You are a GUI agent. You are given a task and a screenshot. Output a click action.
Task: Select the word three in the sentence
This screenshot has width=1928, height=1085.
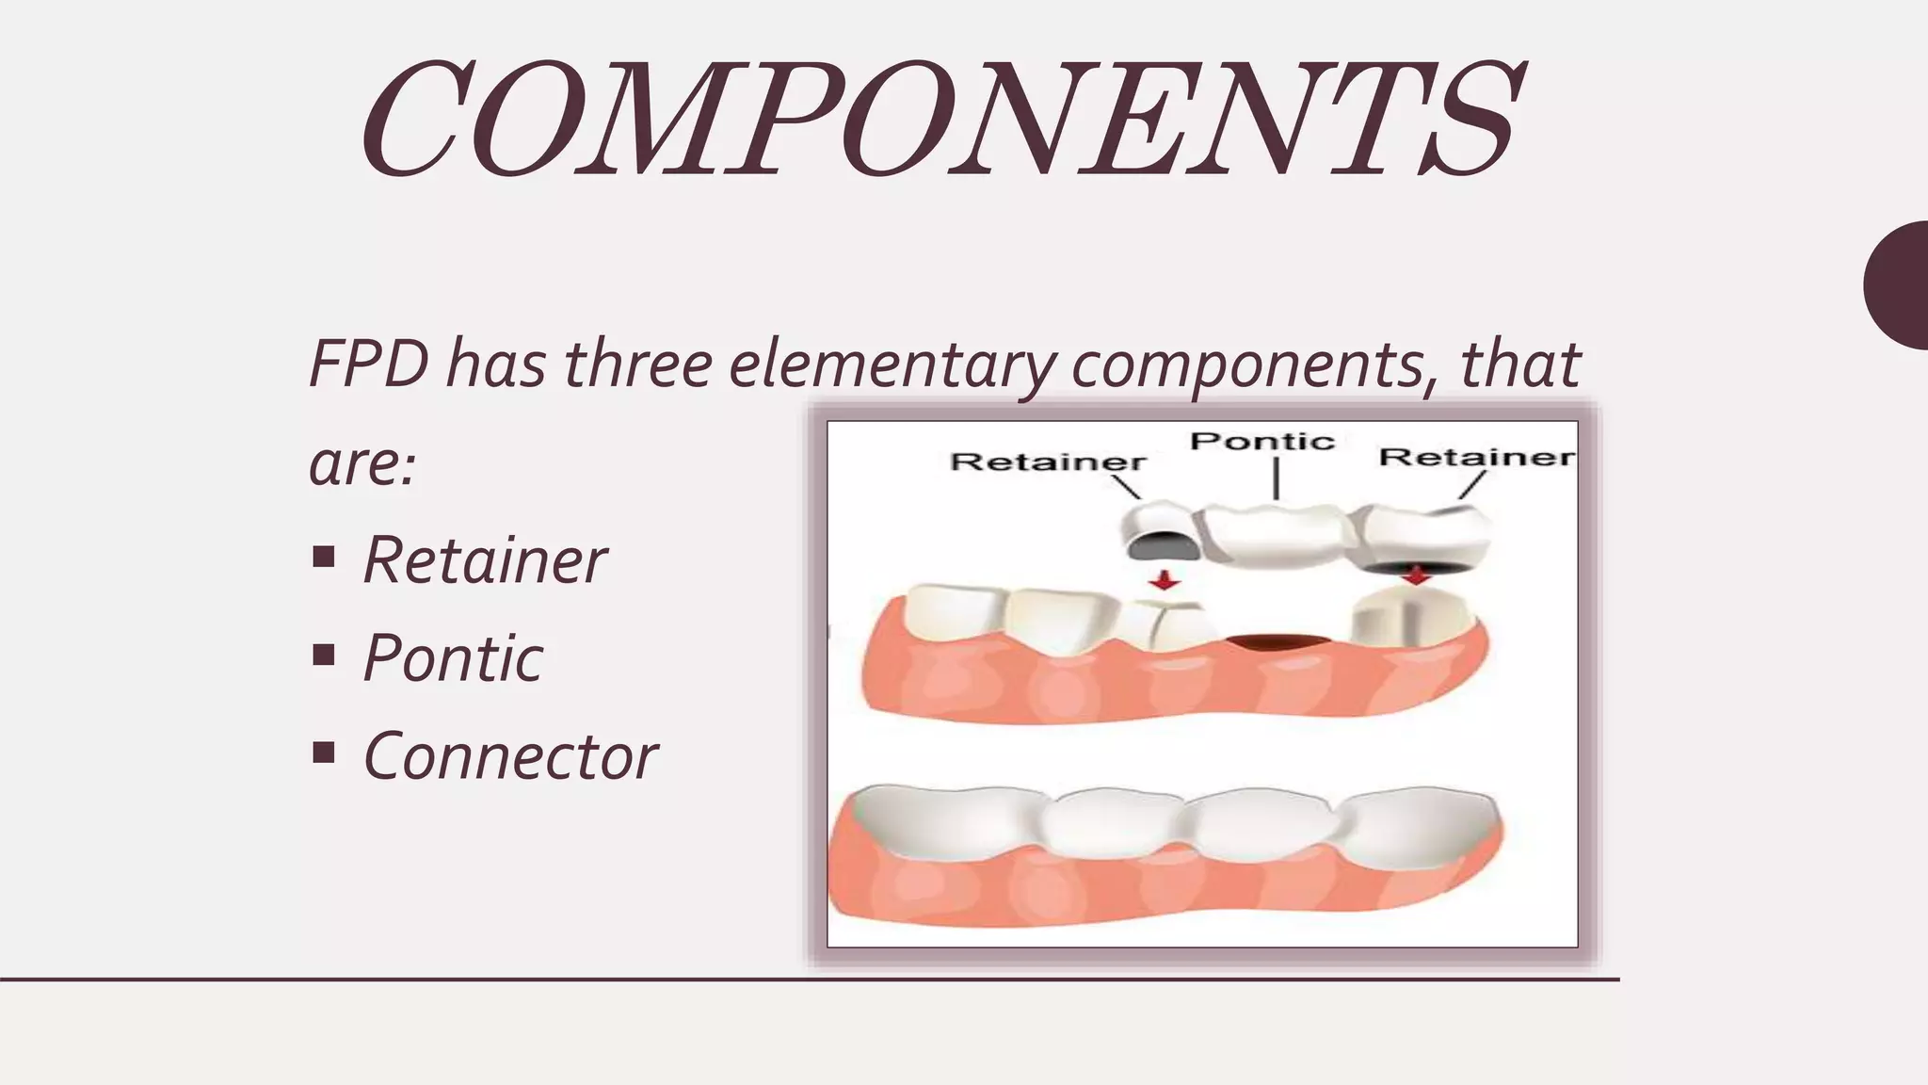(x=637, y=364)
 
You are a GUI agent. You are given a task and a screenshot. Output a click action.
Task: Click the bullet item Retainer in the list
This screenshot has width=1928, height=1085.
(x=484, y=560)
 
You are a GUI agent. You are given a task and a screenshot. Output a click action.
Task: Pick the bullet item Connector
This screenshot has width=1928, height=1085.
(x=510, y=755)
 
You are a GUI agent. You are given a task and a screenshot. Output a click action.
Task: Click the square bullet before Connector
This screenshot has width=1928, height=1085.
(x=323, y=753)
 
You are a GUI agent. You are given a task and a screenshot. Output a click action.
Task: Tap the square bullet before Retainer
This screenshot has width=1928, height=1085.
(x=323, y=558)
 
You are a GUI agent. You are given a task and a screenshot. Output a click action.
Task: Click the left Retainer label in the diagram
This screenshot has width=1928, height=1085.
(x=1048, y=462)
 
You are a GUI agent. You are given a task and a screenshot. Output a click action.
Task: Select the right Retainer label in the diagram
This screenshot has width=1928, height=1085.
(x=1476, y=458)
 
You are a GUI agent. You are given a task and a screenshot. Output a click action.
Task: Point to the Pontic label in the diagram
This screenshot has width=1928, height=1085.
(x=1262, y=441)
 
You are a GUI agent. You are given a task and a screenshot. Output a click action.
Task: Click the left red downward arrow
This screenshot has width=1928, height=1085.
(x=1165, y=580)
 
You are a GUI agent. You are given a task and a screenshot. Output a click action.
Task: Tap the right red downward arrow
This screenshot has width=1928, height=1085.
(x=1414, y=575)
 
